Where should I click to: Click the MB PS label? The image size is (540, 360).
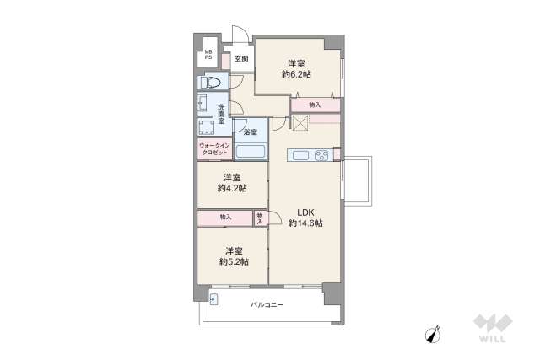[207, 56]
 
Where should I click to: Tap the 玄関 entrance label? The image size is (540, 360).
[241, 59]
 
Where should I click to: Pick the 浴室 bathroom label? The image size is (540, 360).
[250, 133]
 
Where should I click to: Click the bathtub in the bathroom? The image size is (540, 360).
[251, 153]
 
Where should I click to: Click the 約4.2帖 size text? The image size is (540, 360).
[231, 188]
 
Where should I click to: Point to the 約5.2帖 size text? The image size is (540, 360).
[232, 261]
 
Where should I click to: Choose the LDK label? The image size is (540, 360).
[305, 212]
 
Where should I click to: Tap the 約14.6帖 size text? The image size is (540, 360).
[305, 223]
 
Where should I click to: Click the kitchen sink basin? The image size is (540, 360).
[300, 153]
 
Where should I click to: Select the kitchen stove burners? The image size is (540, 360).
[321, 153]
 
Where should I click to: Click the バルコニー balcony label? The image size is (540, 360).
[267, 305]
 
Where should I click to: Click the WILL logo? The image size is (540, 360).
[489, 329]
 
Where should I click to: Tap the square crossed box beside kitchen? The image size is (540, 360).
[300, 122]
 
